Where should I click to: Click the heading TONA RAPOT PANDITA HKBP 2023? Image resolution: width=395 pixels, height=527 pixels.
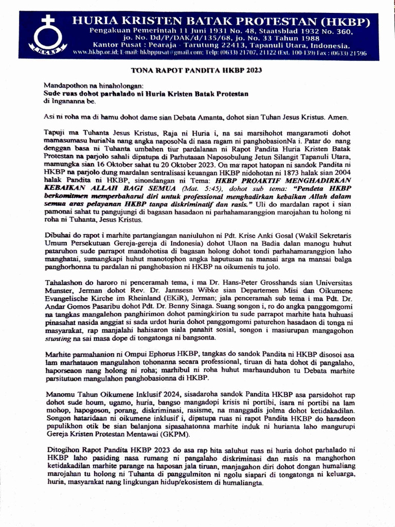tap(197, 71)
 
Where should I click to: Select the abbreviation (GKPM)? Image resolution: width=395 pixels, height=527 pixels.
tap(179, 434)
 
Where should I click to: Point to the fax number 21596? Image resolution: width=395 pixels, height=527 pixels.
tap(356, 53)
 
